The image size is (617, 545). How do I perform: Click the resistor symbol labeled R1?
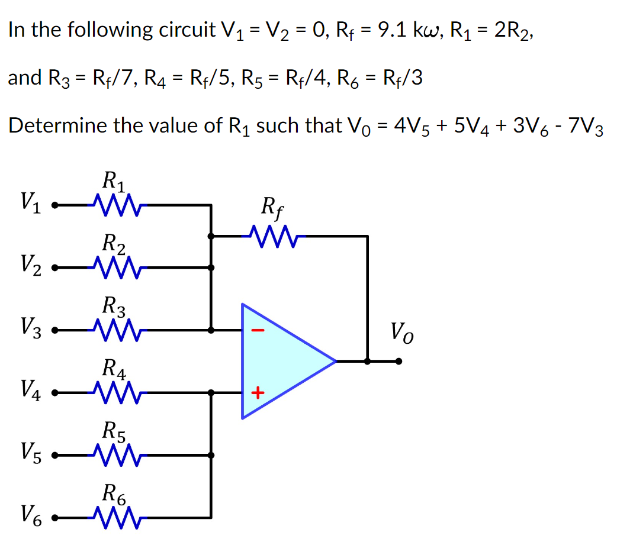tap(115, 206)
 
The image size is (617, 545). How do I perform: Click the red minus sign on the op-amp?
tap(256, 331)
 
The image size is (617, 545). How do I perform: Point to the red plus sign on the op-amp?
tap(257, 392)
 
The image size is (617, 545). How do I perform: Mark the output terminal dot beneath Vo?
tap(399, 360)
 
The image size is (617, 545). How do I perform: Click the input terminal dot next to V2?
tap(54, 268)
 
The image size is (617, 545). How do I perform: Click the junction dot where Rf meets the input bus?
tap(211, 236)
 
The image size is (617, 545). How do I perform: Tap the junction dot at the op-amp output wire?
tap(368, 360)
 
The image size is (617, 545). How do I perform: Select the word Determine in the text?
tap(53, 125)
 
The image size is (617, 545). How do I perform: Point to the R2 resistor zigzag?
tap(115, 268)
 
